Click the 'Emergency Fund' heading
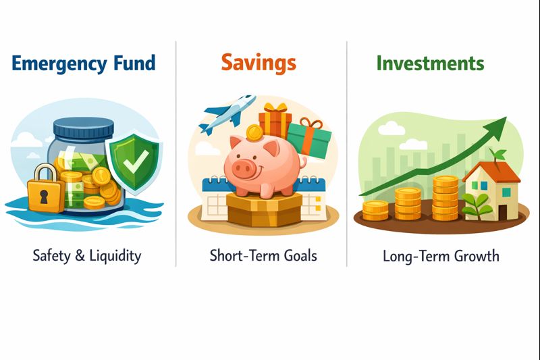tap(84, 64)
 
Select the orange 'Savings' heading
tap(259, 63)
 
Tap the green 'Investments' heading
tap(430, 63)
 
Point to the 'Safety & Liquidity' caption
tap(87, 255)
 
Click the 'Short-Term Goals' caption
tap(263, 255)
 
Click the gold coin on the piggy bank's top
tap(254, 131)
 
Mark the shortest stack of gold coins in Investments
tap(375, 210)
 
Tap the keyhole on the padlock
tap(43, 197)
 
